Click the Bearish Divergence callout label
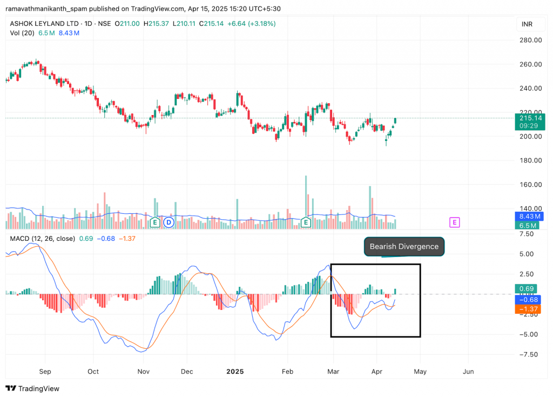[x=404, y=247]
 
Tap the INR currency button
[x=527, y=24]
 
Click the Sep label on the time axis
[x=45, y=372]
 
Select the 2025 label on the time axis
[x=235, y=372]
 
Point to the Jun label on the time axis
[x=469, y=372]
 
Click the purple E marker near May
[x=455, y=222]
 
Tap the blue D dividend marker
[x=168, y=222]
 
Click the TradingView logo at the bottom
[x=32, y=388]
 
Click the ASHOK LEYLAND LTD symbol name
[x=41, y=23]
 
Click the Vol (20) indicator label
[x=22, y=33]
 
